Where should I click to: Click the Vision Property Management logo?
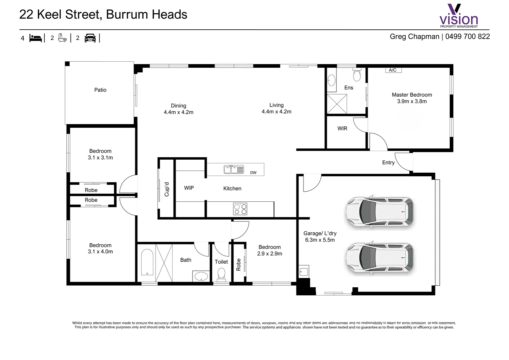(x=459, y=16)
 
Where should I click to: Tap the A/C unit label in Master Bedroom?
(x=393, y=70)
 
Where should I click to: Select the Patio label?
(x=100, y=90)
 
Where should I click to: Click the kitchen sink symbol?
(x=234, y=170)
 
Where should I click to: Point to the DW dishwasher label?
(x=253, y=173)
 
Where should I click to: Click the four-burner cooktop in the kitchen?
(x=240, y=209)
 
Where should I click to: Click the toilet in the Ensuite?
(x=357, y=75)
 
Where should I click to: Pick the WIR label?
(x=342, y=129)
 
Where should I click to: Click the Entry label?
(x=388, y=163)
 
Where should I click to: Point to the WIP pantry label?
(x=189, y=188)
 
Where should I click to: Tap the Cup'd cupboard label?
(x=167, y=189)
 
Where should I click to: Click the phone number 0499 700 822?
(x=467, y=37)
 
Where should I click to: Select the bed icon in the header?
(x=36, y=38)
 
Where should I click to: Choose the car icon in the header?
(x=90, y=38)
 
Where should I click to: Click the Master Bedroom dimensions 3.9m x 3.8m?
(x=412, y=101)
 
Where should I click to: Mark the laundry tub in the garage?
(x=304, y=271)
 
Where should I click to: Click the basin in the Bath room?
(x=201, y=276)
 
